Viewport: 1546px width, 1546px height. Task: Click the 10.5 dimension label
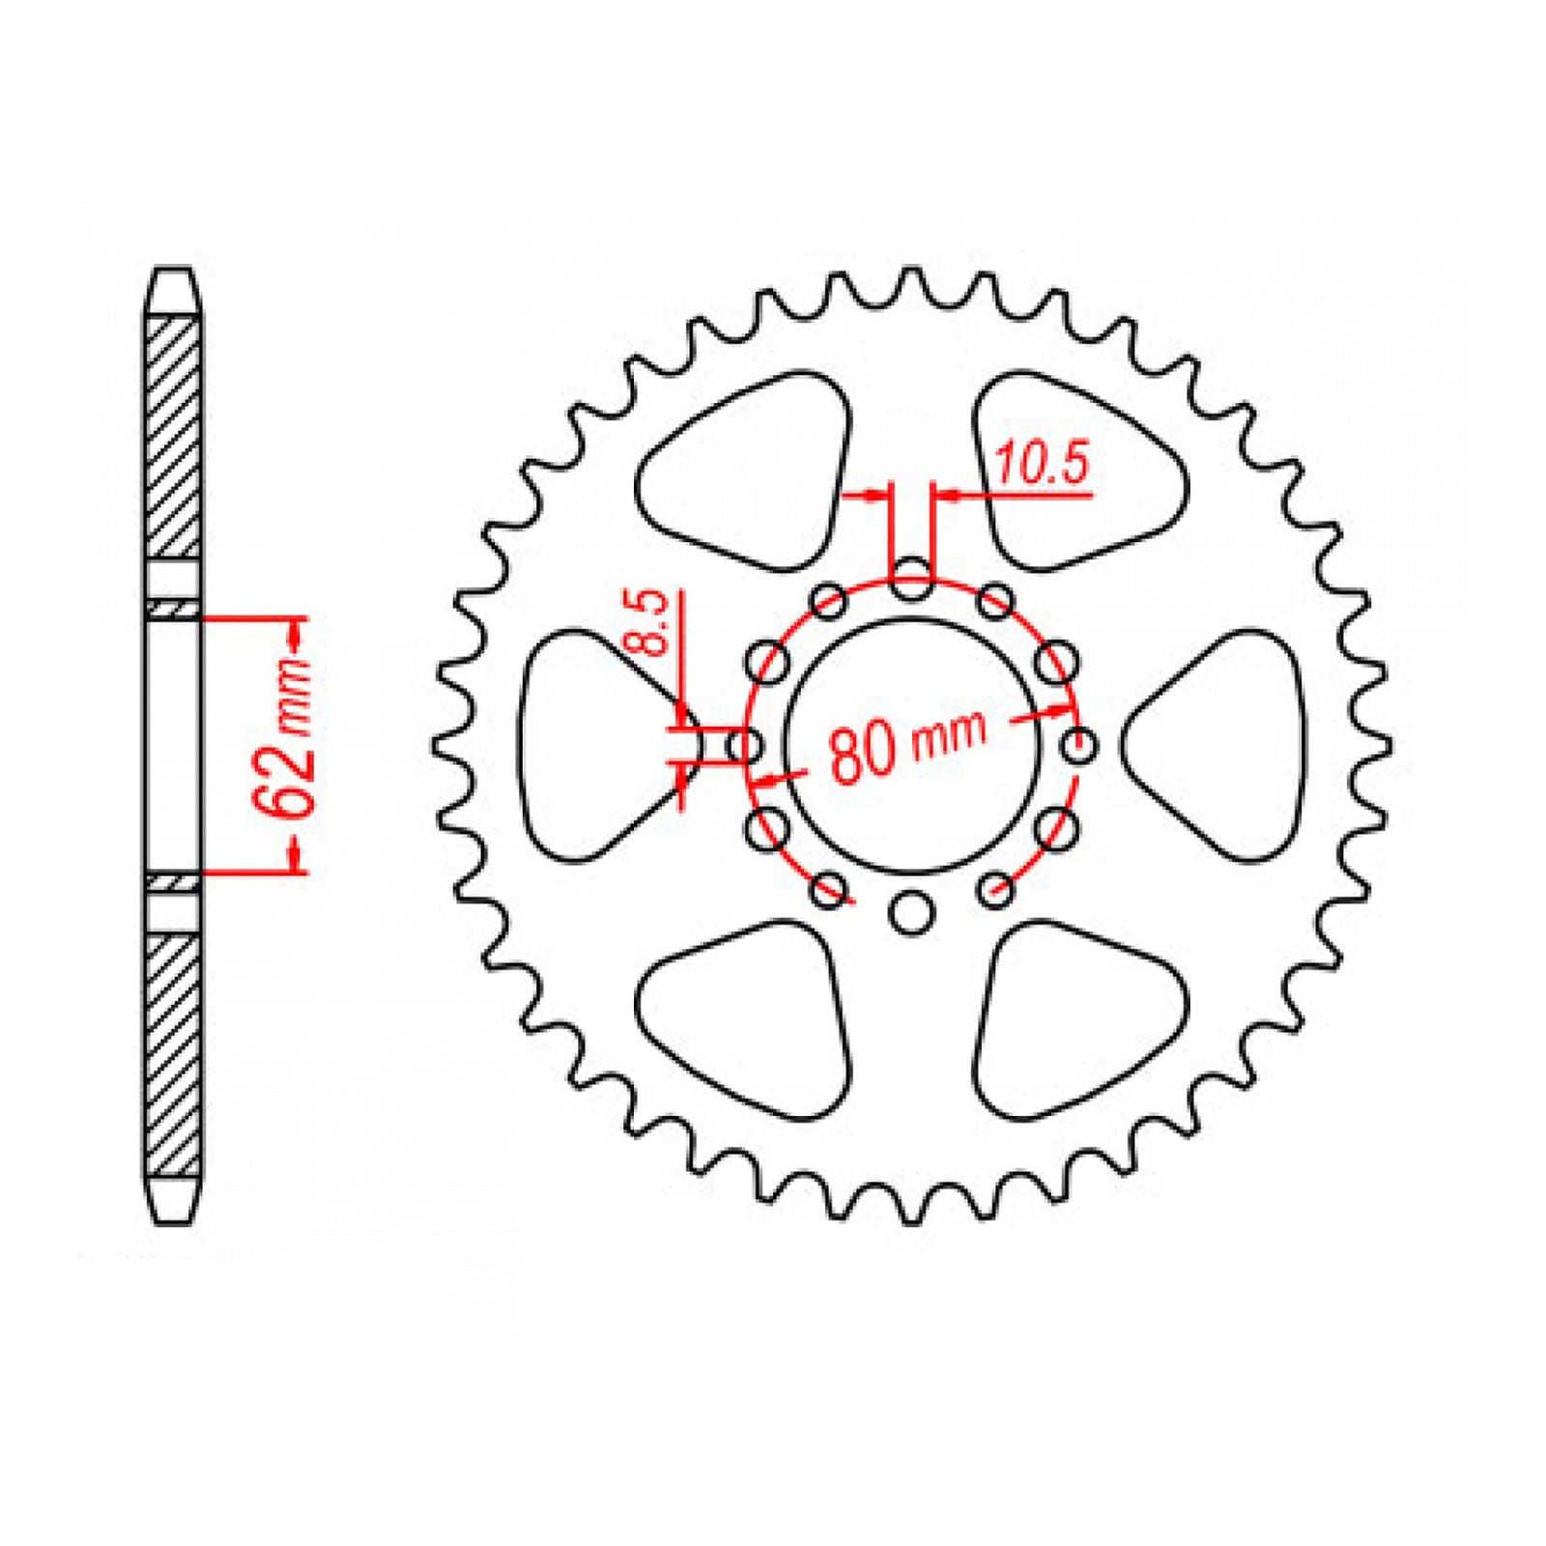[x=1042, y=464]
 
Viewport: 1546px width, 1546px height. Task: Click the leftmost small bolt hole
[x=745, y=746]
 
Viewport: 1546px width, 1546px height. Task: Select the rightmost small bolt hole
[x=1078, y=746]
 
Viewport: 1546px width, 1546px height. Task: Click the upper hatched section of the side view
[x=173, y=435]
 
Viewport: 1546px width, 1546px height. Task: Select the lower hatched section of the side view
[x=173, y=1053]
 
